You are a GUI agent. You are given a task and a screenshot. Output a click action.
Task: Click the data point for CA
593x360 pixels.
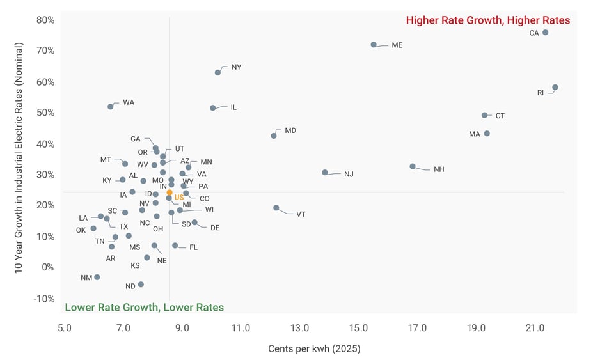(545, 33)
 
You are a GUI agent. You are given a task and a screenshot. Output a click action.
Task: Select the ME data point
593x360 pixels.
(374, 45)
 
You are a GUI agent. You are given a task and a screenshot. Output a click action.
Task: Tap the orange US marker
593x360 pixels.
(170, 192)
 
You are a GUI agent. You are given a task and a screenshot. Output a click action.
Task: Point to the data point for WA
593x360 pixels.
(111, 107)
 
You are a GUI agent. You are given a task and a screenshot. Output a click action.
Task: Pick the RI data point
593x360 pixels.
(555, 87)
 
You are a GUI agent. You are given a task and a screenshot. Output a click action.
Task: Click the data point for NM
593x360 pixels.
(97, 278)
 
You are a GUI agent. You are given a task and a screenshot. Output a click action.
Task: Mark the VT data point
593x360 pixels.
(276, 208)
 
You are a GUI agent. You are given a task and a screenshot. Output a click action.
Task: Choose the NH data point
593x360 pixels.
(413, 166)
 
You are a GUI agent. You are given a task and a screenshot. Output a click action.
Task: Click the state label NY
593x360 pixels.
(236, 67)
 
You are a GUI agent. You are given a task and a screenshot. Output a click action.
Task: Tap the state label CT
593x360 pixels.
(500, 116)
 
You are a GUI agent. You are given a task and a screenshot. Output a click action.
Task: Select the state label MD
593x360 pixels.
(290, 130)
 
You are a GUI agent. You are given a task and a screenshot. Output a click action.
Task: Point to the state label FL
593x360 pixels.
(193, 247)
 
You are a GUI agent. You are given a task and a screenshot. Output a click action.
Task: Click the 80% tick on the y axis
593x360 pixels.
(45, 20)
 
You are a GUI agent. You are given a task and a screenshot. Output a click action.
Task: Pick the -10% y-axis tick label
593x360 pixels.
(43, 299)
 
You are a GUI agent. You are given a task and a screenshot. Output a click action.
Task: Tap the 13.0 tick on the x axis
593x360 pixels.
(299, 329)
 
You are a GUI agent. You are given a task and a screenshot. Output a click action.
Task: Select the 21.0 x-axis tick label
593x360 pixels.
(535, 329)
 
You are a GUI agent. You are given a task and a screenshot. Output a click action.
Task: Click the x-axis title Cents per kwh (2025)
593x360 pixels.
(314, 349)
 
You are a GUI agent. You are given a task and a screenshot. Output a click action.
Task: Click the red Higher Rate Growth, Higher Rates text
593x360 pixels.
(487, 20)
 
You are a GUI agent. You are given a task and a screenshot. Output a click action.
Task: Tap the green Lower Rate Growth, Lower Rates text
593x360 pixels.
(145, 308)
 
